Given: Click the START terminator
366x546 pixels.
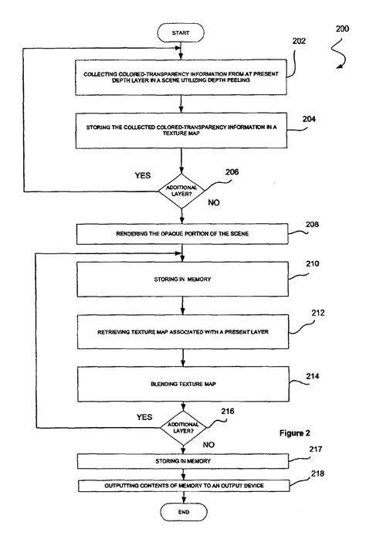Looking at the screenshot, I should tap(180, 33).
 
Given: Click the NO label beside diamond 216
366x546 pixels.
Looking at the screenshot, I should tap(209, 444).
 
